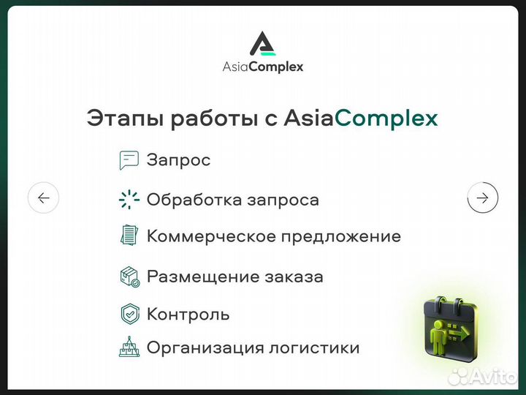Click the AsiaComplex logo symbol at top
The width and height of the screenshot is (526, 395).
263,43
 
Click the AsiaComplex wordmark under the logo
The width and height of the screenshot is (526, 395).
263,67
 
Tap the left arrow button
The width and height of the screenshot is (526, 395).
43,197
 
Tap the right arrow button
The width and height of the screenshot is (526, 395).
482,197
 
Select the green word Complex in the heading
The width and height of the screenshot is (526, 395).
386,118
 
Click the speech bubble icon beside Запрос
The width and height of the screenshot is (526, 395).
129,160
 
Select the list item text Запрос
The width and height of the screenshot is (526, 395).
178,160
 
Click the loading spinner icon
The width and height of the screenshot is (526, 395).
129,200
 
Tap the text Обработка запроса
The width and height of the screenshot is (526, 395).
232,200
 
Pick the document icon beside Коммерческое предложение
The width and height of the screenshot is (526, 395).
129,236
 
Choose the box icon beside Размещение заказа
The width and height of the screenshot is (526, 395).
129,276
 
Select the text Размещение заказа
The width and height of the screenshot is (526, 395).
235,276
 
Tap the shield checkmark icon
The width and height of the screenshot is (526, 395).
129,314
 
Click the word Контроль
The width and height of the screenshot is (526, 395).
188,315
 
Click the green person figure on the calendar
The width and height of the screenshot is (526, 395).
442,333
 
